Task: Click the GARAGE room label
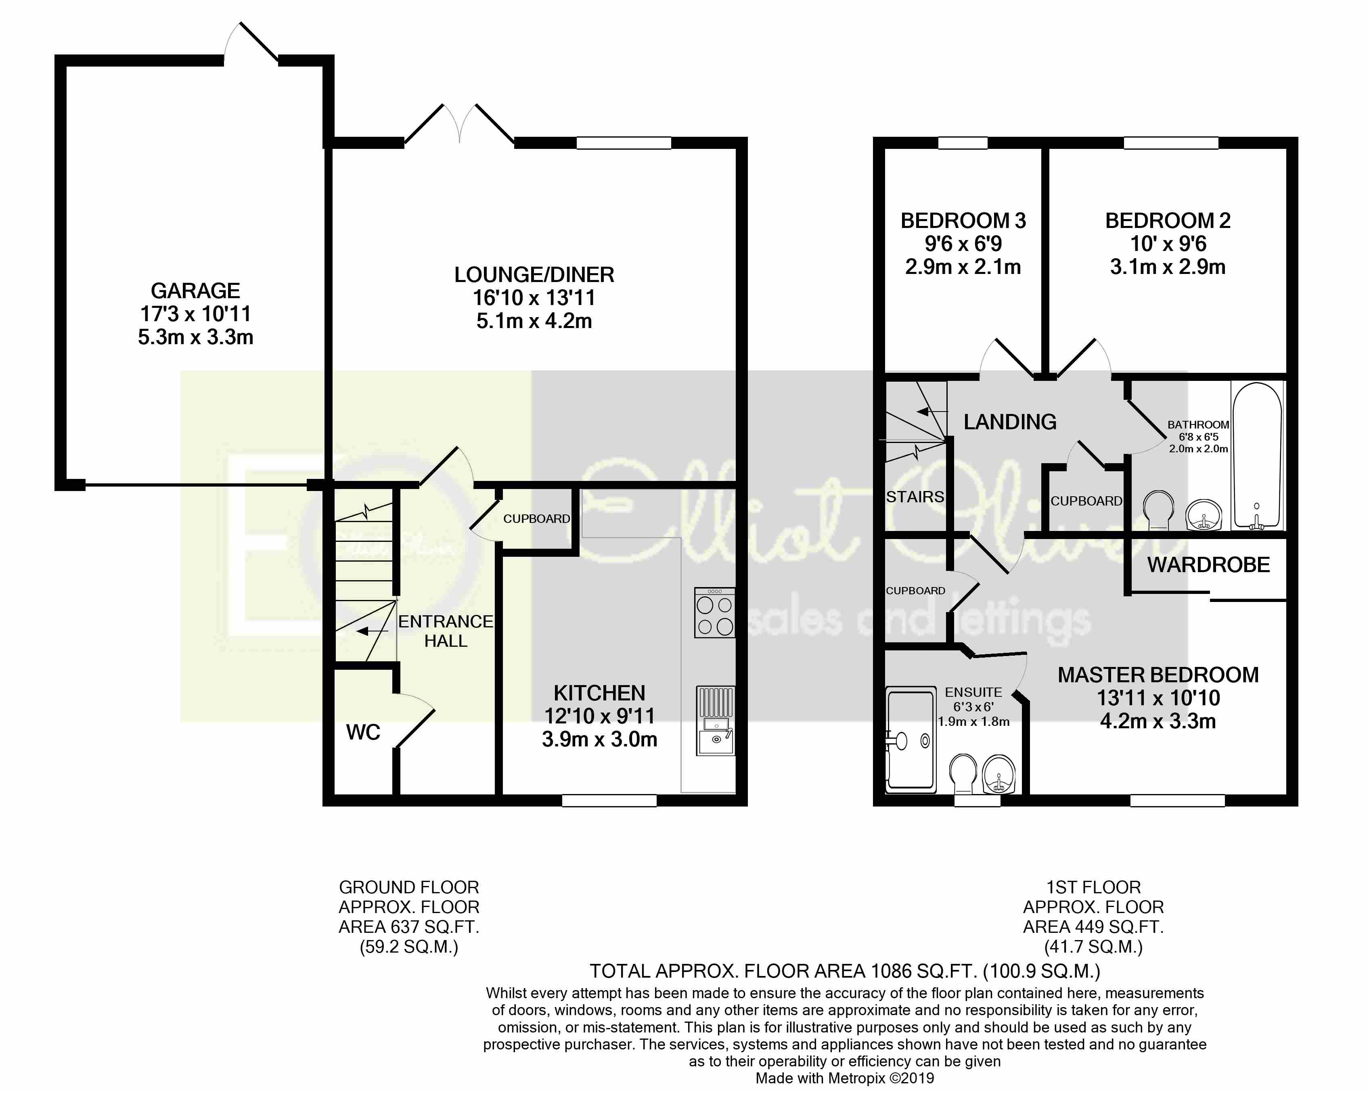tap(196, 291)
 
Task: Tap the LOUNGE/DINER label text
tap(534, 275)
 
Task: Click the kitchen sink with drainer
tap(716, 721)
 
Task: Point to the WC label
tap(363, 732)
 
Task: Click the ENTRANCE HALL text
tap(446, 631)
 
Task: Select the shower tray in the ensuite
tap(911, 740)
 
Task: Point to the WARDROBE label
tap(1208, 565)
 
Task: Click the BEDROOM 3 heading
tap(963, 221)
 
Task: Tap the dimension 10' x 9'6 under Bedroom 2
tap(1168, 244)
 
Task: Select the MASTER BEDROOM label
tap(1158, 675)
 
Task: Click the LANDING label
tap(1010, 422)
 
